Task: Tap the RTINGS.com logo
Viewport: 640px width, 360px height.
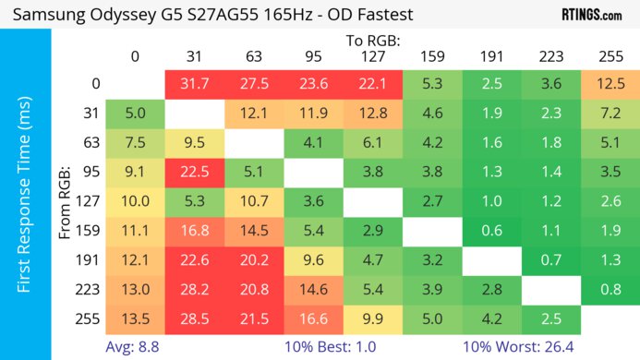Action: tap(591, 15)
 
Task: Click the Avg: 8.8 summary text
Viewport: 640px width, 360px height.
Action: tap(136, 346)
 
